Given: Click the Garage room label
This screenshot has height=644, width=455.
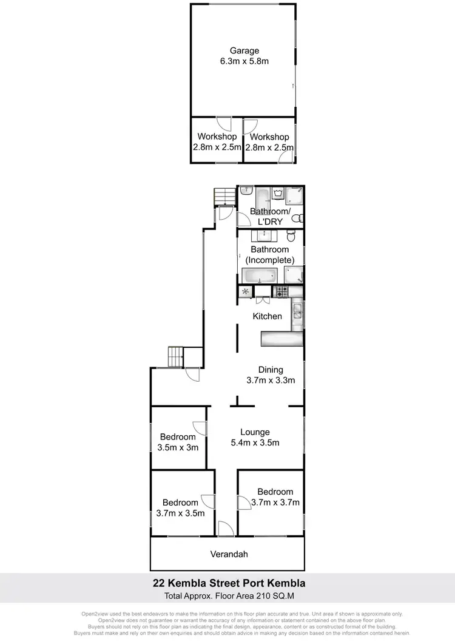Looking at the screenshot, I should coord(244,56).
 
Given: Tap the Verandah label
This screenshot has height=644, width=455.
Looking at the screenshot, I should coord(229,554).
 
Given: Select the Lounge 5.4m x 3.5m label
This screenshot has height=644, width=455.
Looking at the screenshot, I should coord(255,437).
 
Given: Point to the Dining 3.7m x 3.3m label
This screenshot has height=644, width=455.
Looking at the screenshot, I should coord(270,375).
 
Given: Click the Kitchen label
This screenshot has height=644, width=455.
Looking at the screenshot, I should coord(268,316).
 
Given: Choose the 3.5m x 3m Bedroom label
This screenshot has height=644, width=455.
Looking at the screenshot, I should coord(178,442).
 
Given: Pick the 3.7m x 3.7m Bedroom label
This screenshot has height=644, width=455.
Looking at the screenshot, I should coord(275,497).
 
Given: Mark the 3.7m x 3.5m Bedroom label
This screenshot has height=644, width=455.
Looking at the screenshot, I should coord(180,507).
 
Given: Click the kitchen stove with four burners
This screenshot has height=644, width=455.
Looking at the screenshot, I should coord(282,292).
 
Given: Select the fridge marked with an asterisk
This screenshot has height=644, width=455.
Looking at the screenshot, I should coord(246,292).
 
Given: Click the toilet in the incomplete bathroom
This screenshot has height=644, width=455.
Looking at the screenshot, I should coord(292,236).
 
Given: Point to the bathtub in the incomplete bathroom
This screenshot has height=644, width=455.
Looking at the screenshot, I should coord(259,276).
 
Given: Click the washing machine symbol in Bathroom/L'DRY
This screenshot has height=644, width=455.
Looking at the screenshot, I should coord(279,194).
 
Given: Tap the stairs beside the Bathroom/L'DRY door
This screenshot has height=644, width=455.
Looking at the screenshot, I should coord(223,197).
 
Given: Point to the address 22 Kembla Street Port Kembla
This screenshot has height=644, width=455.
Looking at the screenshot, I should coord(228,583).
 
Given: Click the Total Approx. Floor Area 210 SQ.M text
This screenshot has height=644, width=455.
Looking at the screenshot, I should coord(228,596).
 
